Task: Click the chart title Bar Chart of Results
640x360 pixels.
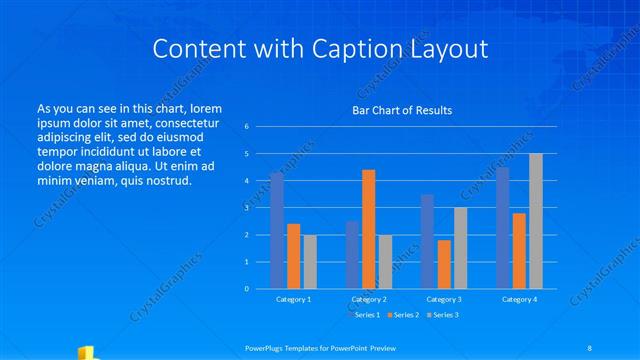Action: [x=401, y=110]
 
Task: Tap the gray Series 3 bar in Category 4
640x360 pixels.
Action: [x=536, y=221]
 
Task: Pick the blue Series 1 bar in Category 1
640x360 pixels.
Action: [x=277, y=230]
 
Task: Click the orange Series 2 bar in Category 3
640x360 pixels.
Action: [x=444, y=264]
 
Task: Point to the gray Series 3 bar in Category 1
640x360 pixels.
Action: [x=310, y=262]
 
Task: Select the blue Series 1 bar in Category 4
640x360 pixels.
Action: [x=503, y=228]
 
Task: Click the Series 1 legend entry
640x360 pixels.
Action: [x=366, y=315]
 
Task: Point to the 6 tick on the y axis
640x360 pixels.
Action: [x=247, y=127]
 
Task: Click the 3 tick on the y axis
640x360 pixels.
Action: [x=247, y=208]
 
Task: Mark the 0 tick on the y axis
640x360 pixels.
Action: [x=247, y=289]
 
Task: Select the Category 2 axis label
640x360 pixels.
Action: [x=368, y=299]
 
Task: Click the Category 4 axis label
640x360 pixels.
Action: [x=519, y=299]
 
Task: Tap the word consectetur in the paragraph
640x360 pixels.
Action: [x=183, y=122]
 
